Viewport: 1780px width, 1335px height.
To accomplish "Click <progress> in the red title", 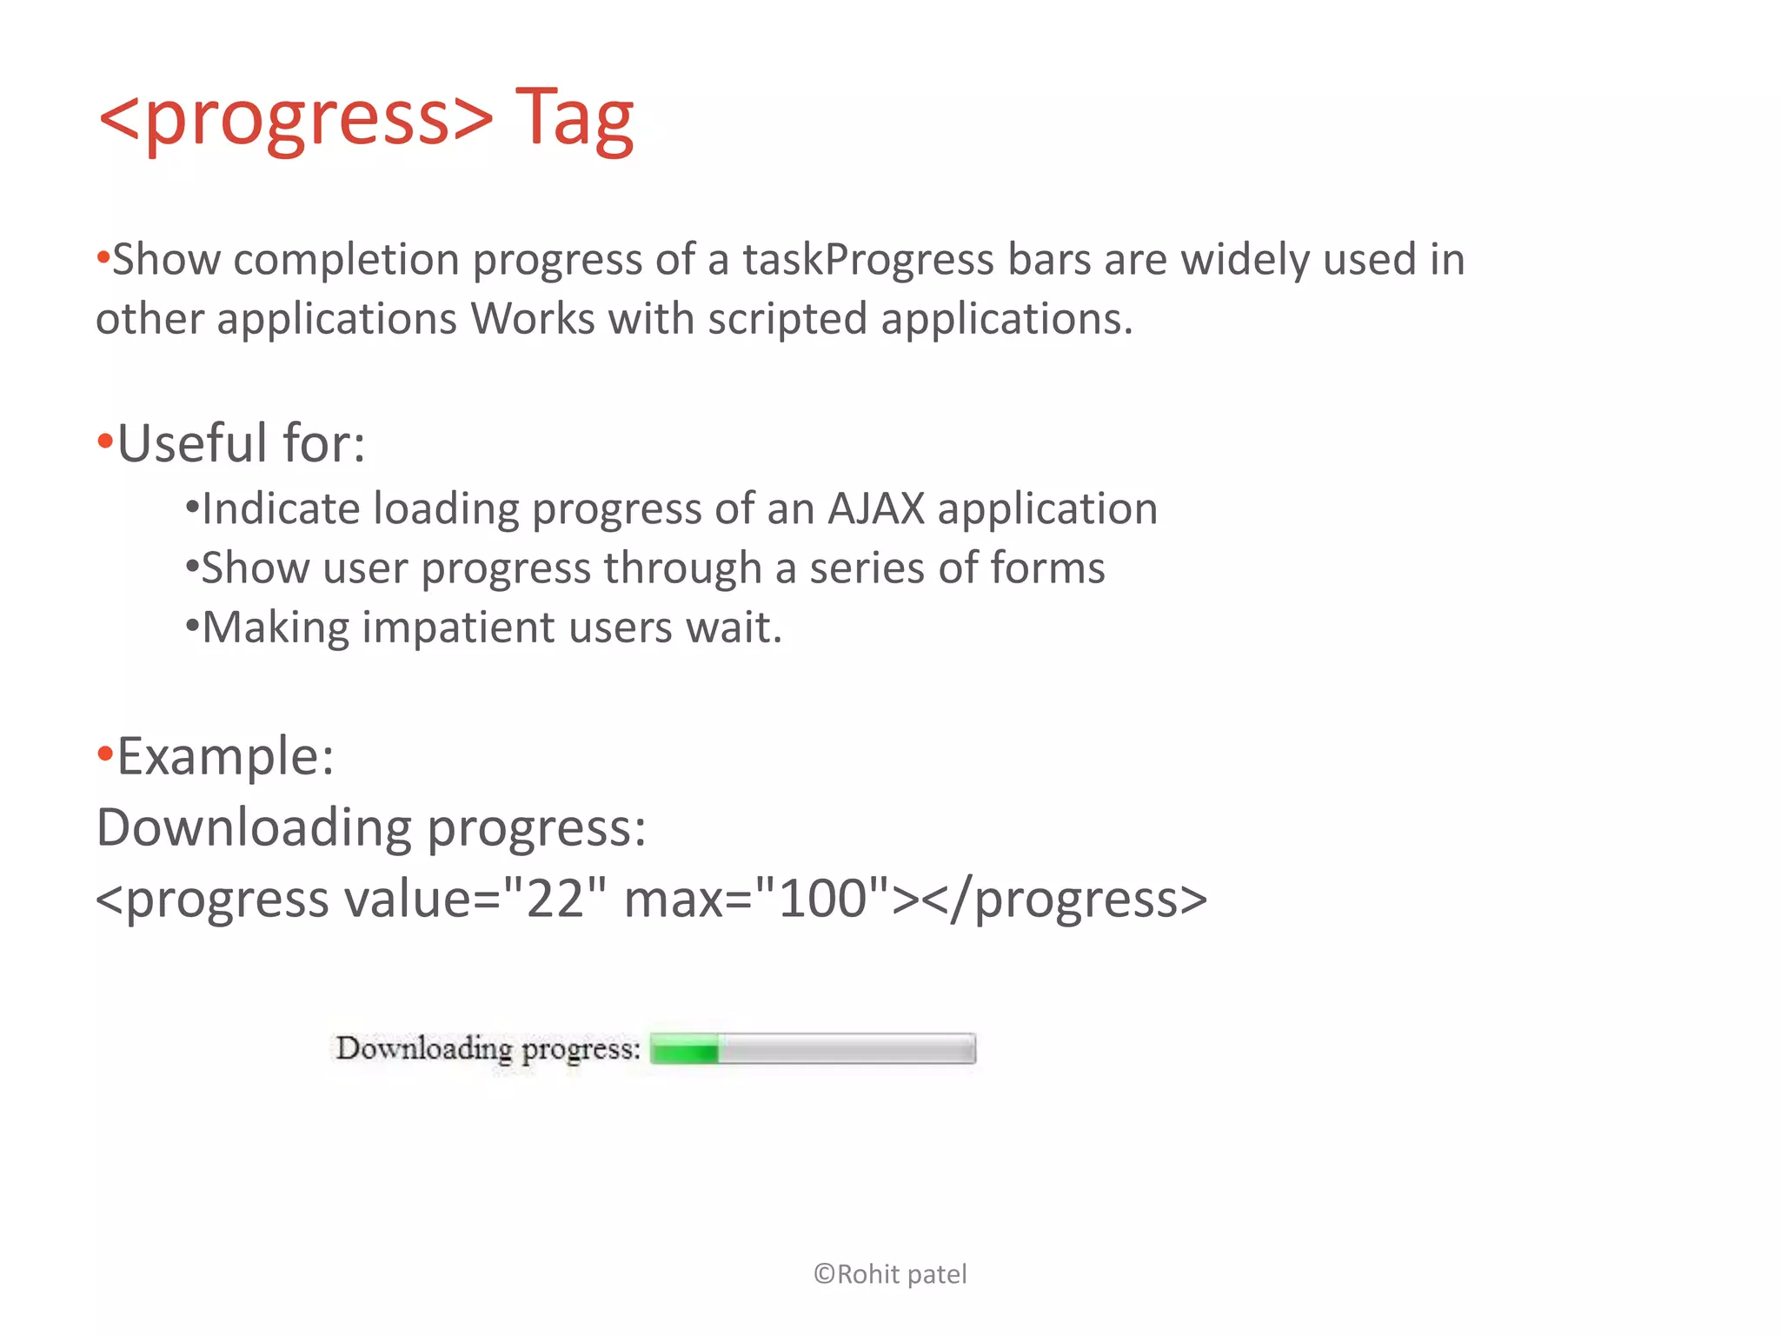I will (x=296, y=118).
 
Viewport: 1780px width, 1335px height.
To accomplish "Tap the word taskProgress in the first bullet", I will (x=867, y=260).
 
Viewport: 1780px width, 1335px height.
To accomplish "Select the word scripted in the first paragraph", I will (x=787, y=319).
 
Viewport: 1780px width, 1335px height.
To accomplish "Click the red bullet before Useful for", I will (x=105, y=442).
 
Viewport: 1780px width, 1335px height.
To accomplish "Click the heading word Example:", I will (x=225, y=756).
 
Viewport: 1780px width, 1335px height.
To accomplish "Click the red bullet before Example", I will (x=105, y=754).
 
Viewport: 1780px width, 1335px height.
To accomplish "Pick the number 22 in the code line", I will (x=554, y=899).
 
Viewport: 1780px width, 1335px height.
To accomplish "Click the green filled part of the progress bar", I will (x=684, y=1050).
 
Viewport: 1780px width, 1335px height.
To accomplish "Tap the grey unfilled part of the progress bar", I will (x=847, y=1050).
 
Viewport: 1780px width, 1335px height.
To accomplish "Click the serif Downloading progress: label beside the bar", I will (x=488, y=1050).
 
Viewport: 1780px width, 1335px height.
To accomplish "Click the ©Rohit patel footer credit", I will (x=889, y=1274).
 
